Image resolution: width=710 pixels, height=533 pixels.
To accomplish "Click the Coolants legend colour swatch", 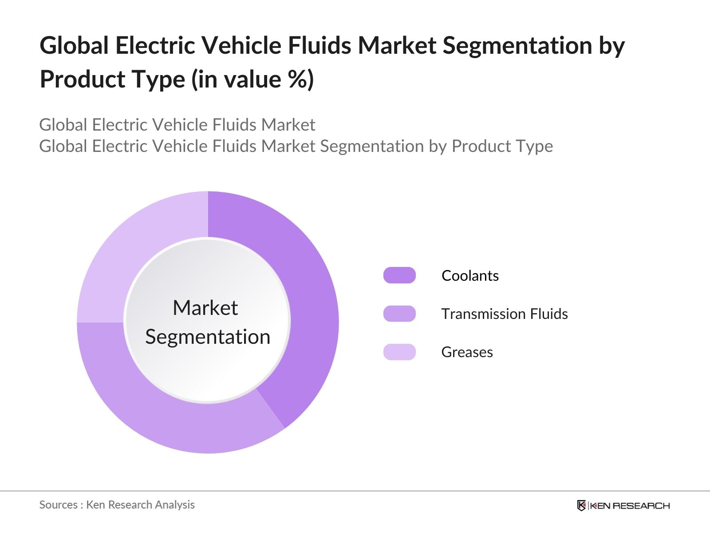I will (399, 275).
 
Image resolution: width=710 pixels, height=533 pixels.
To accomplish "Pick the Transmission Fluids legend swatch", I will (399, 314).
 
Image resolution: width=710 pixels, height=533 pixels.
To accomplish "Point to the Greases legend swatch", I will (399, 352).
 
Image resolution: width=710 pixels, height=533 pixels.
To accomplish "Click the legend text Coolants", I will (470, 275).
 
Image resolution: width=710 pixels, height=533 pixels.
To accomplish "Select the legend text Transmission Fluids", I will (504, 314).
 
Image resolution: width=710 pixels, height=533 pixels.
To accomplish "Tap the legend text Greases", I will (467, 352).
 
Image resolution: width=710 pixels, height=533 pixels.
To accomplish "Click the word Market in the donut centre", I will (205, 307).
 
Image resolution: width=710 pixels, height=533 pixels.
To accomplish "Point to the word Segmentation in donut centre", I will (208, 337).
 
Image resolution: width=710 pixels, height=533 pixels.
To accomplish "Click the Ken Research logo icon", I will (581, 505).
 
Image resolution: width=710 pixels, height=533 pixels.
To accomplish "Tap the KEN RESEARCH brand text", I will (629, 505).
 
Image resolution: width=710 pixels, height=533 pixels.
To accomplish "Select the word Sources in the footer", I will (58, 505).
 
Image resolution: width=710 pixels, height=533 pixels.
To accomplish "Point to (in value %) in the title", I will (252, 79).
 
